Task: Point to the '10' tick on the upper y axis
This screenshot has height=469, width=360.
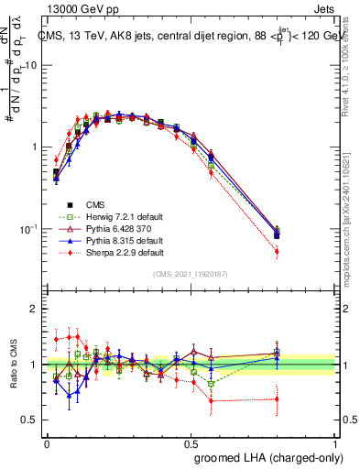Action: pos(34,65)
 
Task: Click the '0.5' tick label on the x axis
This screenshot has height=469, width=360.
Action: pos(191,442)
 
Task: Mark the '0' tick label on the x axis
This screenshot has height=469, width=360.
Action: pos(47,442)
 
